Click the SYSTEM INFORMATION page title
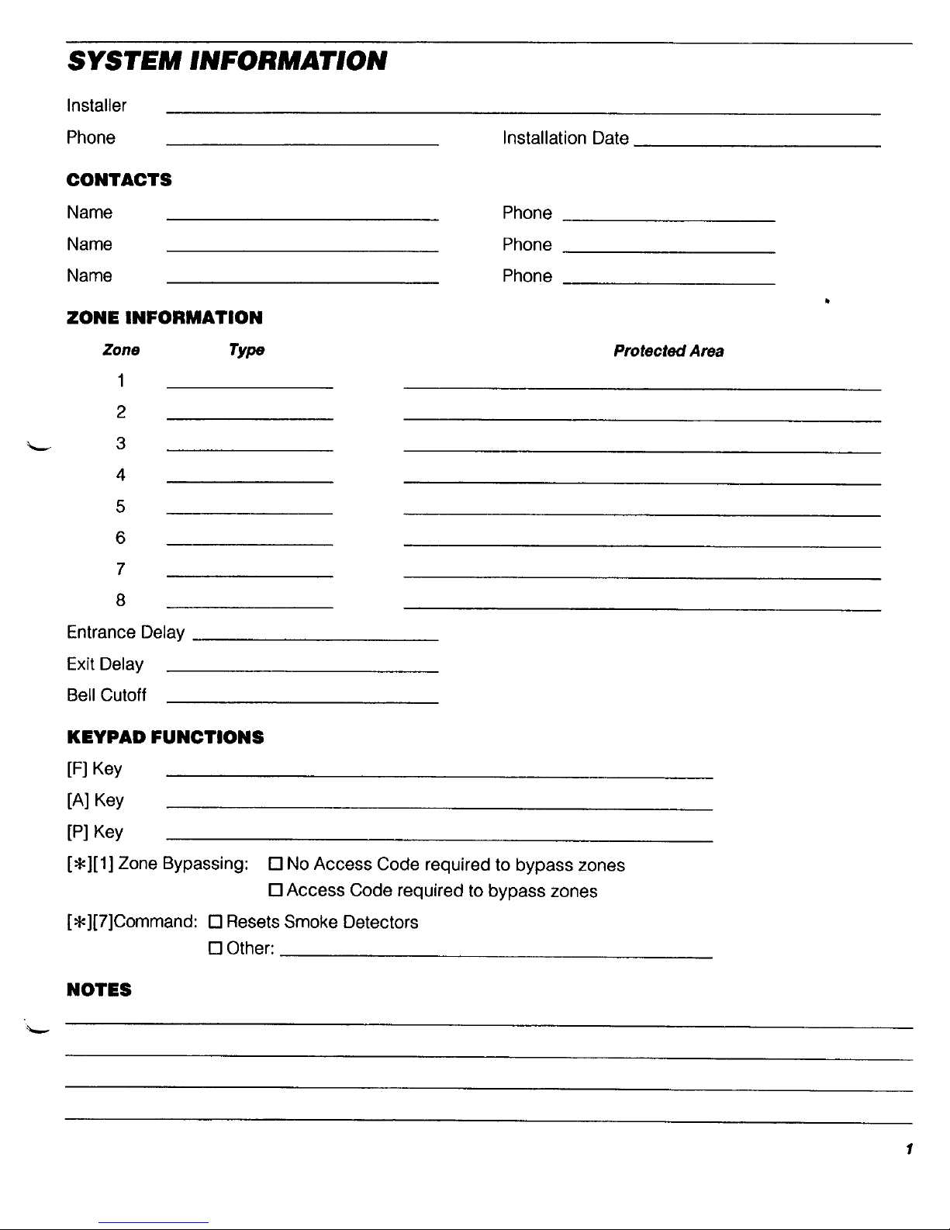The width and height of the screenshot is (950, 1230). (226, 61)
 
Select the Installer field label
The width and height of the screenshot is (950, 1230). (96, 106)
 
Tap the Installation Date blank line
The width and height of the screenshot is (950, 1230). (757, 144)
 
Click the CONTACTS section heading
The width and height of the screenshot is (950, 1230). (119, 180)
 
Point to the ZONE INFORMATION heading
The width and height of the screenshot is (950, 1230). (164, 317)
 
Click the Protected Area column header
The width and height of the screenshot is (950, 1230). (668, 352)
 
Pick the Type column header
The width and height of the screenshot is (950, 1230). (247, 351)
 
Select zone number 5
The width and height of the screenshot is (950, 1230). (120, 507)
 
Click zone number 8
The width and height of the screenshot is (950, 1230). (120, 601)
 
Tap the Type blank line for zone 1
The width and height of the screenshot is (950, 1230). (250, 386)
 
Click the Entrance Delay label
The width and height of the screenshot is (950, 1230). (126, 632)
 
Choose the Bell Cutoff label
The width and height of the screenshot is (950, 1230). (106, 695)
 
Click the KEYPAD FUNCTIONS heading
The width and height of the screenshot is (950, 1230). (165, 737)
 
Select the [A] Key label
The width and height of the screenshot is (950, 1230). (95, 801)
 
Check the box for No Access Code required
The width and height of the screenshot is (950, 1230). (275, 864)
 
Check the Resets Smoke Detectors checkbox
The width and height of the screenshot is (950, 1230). (216, 923)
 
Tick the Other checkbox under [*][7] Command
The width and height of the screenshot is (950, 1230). (216, 949)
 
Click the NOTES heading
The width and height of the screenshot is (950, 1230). (99, 990)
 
